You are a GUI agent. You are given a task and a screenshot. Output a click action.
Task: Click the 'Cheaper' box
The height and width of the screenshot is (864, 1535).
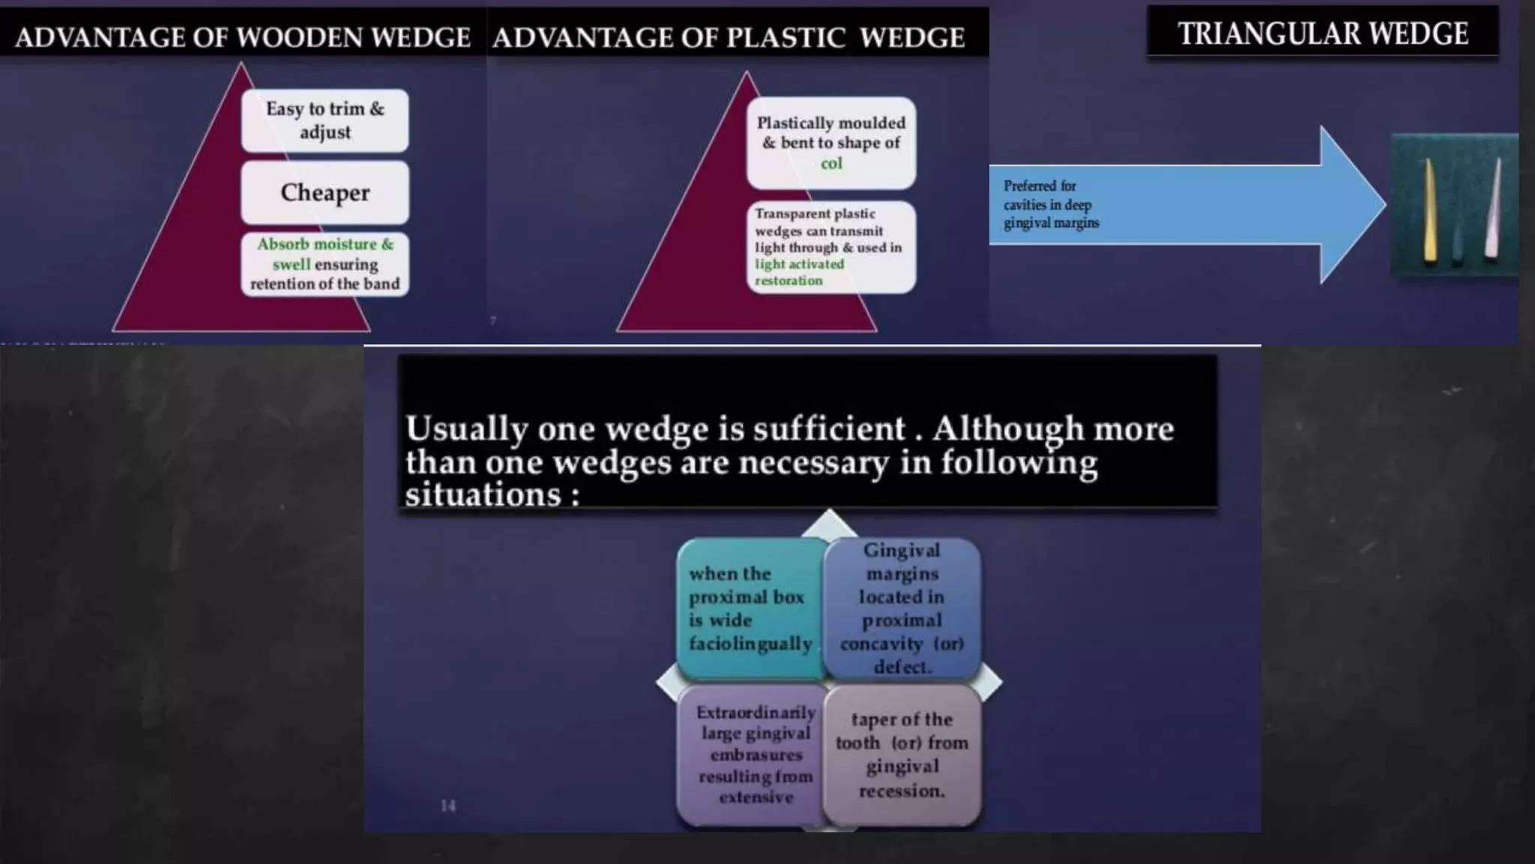325,193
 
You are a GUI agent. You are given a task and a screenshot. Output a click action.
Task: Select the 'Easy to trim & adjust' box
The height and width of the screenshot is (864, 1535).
325,121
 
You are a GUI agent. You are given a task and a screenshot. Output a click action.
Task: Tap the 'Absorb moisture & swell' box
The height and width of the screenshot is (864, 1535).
325,264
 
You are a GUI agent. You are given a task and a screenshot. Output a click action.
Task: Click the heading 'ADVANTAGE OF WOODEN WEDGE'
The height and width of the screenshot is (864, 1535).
242,37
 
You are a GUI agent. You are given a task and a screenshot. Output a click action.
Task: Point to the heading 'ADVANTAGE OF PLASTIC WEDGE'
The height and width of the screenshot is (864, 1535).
728,37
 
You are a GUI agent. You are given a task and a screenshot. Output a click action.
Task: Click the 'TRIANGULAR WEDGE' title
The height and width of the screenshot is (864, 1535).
1323,34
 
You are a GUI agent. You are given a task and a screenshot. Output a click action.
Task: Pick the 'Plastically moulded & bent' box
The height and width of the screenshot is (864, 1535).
830,142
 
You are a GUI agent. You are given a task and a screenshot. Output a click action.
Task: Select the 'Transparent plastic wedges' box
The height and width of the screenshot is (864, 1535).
830,247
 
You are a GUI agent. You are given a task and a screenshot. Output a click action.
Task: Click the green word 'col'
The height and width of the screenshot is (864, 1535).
831,163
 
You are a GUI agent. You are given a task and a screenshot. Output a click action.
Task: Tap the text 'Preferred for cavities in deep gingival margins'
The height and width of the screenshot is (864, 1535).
1051,204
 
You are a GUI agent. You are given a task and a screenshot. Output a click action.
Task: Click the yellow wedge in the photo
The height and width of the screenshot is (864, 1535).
1430,214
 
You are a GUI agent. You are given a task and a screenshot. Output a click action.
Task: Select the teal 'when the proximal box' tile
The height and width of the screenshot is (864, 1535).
750,608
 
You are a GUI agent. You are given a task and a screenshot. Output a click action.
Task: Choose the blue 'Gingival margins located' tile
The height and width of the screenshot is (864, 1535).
902,608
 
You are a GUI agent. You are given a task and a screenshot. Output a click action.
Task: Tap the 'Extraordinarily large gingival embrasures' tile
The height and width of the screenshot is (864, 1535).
755,754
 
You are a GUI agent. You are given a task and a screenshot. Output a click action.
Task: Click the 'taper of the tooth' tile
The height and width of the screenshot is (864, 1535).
902,754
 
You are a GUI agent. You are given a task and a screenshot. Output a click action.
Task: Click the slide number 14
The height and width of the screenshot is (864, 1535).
448,805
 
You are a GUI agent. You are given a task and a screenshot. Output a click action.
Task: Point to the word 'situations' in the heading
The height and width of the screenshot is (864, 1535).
483,495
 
